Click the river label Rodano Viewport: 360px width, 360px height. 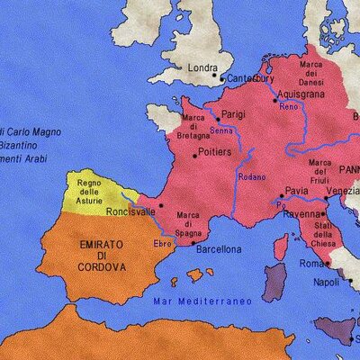coord(251,176)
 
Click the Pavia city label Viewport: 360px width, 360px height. coord(296,191)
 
